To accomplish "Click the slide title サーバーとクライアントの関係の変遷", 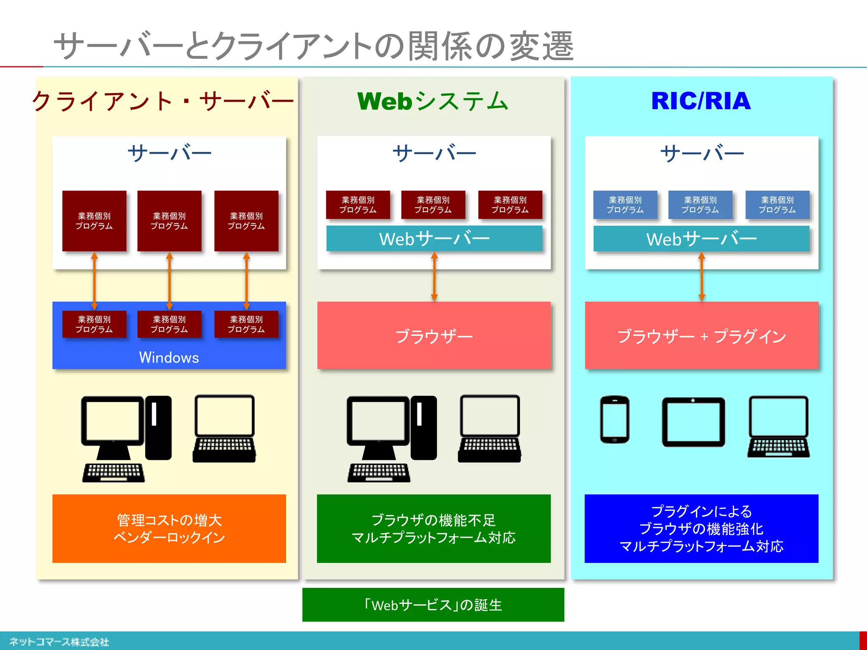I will coord(313,46).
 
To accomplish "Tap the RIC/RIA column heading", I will coord(701,101).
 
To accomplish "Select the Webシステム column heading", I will coord(433,102).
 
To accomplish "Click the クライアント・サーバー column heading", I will coord(163,102).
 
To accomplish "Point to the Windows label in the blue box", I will coord(169,358).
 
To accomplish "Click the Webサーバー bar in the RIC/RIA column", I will coord(701,239).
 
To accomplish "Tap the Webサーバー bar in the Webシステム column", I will coord(434,239).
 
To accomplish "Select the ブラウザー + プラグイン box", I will coord(701,336).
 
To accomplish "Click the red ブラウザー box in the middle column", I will coord(434,336).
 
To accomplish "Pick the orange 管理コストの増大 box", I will coord(169,529).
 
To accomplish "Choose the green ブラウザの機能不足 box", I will coord(433,529).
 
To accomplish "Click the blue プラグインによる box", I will coord(701,529).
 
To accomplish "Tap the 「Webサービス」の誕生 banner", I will coord(433,605).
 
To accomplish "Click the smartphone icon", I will coord(614,420).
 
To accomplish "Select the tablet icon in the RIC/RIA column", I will coord(693,422).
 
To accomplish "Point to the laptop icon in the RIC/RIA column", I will coord(778,427).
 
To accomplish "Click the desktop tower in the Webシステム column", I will coord(424,427).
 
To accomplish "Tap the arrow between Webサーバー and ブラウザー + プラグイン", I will coord(701,277).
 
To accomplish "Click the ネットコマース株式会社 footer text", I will coord(59,642).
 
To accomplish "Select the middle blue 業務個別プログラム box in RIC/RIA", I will coord(700,205).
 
